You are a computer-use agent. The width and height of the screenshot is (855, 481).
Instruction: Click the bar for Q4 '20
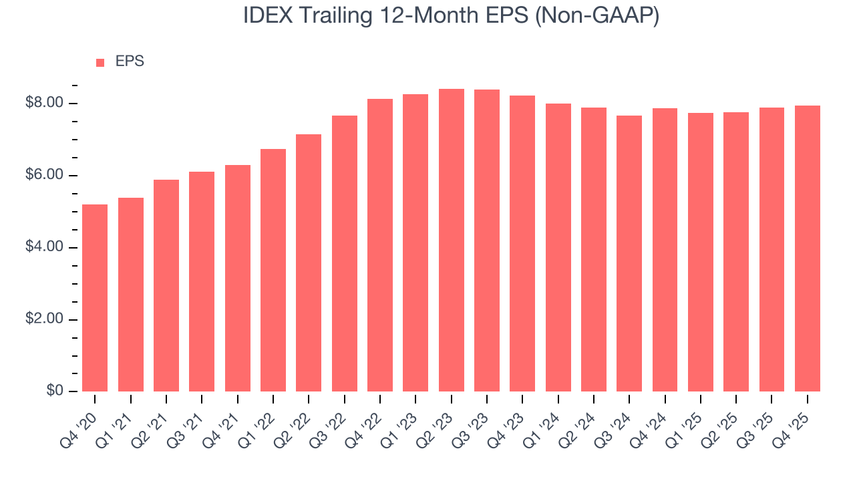point(95,298)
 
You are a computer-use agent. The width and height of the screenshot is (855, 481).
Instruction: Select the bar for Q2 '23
point(451,240)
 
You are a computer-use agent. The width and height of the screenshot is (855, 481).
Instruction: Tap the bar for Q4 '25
point(808,249)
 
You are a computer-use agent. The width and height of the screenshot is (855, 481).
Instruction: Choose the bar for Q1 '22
point(273,271)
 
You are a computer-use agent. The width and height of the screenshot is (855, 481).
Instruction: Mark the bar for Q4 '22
point(380,245)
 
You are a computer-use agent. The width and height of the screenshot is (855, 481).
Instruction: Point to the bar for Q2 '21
point(166,286)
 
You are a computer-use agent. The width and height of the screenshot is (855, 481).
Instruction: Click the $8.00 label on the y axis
point(44,104)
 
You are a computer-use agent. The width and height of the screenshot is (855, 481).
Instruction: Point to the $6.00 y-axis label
point(44,176)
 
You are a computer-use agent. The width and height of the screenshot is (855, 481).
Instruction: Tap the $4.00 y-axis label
point(44,248)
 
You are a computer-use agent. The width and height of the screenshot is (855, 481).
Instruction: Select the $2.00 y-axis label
point(44,320)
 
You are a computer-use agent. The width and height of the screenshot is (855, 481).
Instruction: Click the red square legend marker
point(100,63)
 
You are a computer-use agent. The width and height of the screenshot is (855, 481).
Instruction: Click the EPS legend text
point(130,61)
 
